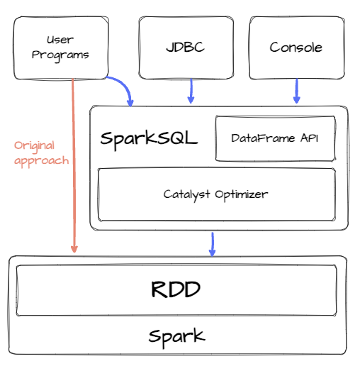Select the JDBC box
tap(186, 48)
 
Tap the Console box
tap(296, 48)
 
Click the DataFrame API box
tap(274, 138)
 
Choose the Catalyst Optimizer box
tap(216, 194)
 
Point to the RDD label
tap(176, 289)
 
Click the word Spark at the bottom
tap(176, 335)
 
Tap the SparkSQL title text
tap(149, 138)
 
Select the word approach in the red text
tap(42, 160)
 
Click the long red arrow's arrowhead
tap(74, 248)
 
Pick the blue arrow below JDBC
tap(191, 90)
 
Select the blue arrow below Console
tap(296, 90)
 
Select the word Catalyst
tap(185, 194)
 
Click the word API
tap(309, 138)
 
